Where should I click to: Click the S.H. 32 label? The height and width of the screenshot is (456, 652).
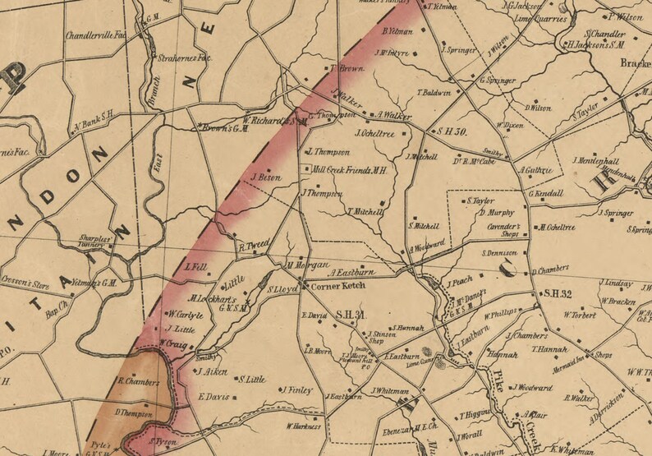click(558, 293)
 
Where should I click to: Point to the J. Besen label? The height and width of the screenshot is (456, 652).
click(265, 177)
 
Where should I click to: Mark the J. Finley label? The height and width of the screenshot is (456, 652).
click(298, 390)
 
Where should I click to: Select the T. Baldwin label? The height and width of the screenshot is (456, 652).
click(434, 93)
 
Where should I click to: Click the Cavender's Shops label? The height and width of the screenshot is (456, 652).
click(502, 228)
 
